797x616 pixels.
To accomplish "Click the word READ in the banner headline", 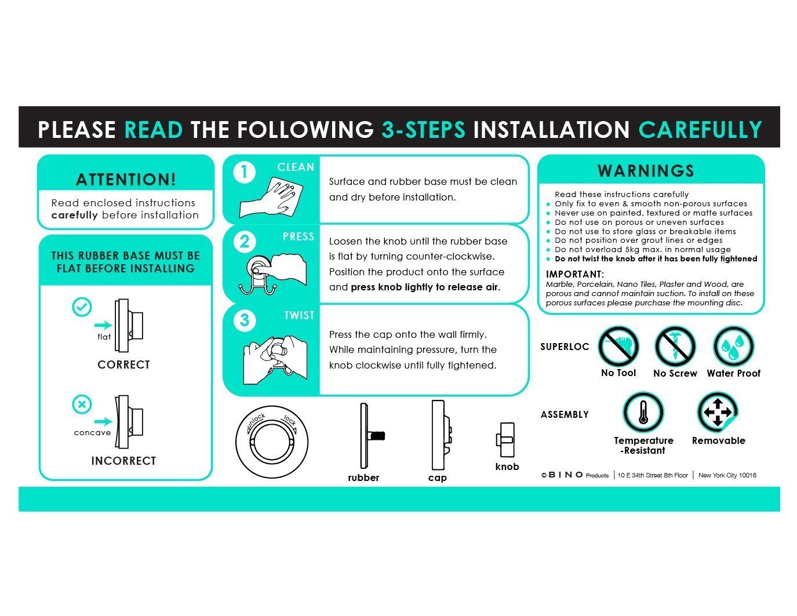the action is click(153, 129).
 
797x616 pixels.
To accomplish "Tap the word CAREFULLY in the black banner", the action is click(700, 129).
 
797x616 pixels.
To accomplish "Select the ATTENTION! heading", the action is click(126, 179).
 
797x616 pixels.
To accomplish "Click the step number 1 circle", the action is click(244, 172).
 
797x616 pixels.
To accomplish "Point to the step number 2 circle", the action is click(244, 242).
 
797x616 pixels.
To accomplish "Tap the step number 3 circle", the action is click(244, 320).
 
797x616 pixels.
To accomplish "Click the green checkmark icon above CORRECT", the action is click(82, 307).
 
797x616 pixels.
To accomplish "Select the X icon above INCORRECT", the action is click(82, 404).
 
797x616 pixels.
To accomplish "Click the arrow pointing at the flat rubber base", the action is click(103, 325).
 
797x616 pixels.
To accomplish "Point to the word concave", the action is click(92, 432).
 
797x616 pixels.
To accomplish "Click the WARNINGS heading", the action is click(646, 171).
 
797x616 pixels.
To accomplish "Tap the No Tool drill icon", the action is click(618, 347).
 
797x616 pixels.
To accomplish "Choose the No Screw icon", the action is click(675, 347).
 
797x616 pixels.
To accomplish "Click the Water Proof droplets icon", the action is click(733, 347).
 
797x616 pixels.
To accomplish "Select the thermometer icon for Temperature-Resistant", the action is click(643, 412).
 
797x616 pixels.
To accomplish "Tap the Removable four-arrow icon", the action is click(718, 412).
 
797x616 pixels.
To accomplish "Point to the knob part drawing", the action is click(506, 440).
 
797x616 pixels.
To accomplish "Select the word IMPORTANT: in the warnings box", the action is click(575, 274).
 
